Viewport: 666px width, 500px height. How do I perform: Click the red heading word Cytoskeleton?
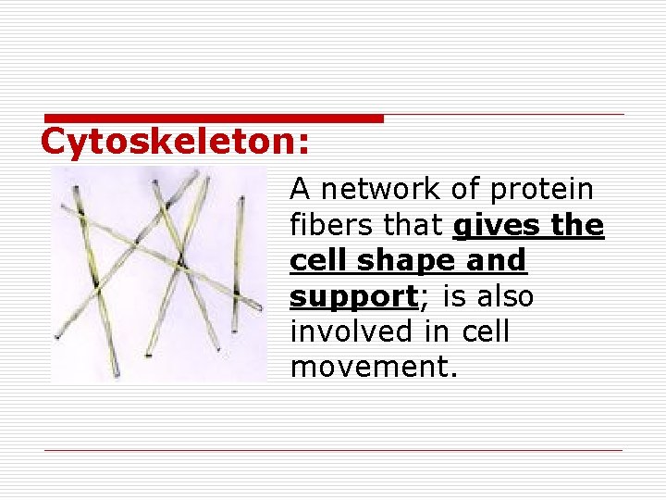tap(175, 142)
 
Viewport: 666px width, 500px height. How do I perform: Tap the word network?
tap(379, 189)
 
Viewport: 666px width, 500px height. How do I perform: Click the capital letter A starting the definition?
tap(300, 189)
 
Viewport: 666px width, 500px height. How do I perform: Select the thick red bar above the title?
tap(213, 119)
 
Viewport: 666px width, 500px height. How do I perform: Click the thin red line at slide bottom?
tap(333, 451)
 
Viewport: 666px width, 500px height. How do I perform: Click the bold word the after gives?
tap(578, 225)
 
